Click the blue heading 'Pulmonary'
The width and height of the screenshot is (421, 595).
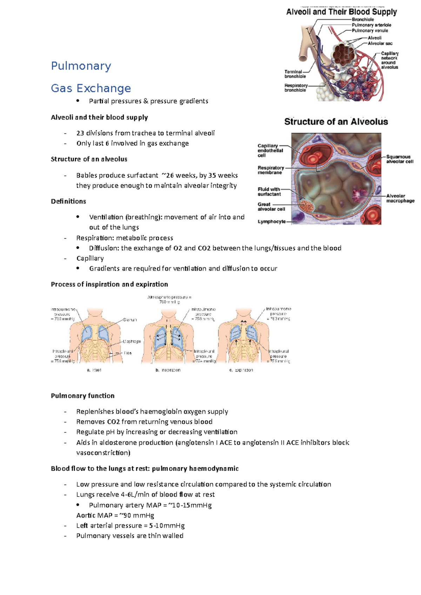pyautogui.click(x=81, y=66)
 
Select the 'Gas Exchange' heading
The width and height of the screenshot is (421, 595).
pyautogui.click(x=91, y=88)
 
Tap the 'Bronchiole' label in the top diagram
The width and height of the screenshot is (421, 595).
pyautogui.click(x=363, y=20)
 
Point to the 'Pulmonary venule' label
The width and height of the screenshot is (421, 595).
pyautogui.click(x=370, y=30)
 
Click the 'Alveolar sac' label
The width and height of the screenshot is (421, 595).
pyautogui.click(x=380, y=43)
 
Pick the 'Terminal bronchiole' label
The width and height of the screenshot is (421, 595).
pyautogui.click(x=295, y=74)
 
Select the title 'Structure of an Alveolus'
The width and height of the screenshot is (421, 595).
pyautogui.click(x=336, y=122)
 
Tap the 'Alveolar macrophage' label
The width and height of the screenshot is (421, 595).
pyautogui.click(x=400, y=198)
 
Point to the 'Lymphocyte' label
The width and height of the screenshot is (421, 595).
pyautogui.click(x=272, y=221)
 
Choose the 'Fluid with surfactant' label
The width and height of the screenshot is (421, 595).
pyautogui.click(x=269, y=192)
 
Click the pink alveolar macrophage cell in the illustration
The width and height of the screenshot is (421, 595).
pyautogui.click(x=360, y=195)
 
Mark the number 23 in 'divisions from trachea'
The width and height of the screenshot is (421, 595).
pyautogui.click(x=80, y=133)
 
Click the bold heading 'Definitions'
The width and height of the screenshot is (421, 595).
pyautogui.click(x=68, y=201)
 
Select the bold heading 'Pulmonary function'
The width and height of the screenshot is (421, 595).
pyautogui.click(x=83, y=396)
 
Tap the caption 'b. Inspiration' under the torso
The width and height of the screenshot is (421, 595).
pyautogui.click(x=168, y=370)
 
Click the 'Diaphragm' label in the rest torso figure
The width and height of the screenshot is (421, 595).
pyautogui.click(x=132, y=341)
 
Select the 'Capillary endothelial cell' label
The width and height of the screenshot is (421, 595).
pyautogui.click(x=270, y=150)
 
